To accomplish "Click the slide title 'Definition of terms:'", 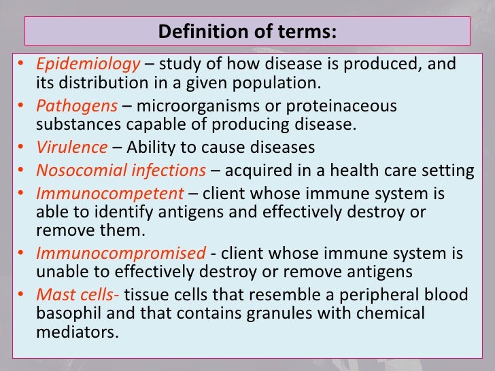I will tap(247, 31).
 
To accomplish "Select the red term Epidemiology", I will tap(88, 65).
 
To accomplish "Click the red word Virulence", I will tap(71, 147).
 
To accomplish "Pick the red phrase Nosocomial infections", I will tap(121, 169).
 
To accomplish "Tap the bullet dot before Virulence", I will tap(22, 148).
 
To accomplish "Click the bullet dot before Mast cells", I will tap(22, 295).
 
